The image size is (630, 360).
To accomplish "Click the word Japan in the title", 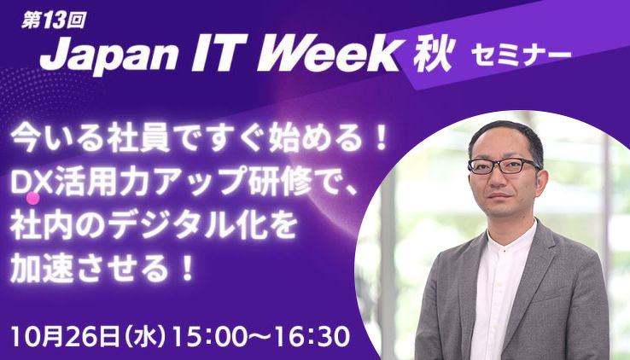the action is tap(108, 56).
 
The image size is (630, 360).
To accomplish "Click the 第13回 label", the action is tap(53, 20).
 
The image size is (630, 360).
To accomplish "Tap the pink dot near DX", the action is tap(33, 198).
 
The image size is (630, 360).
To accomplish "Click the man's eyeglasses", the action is tap(505, 165).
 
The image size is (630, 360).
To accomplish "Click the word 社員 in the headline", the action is tap(133, 140).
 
